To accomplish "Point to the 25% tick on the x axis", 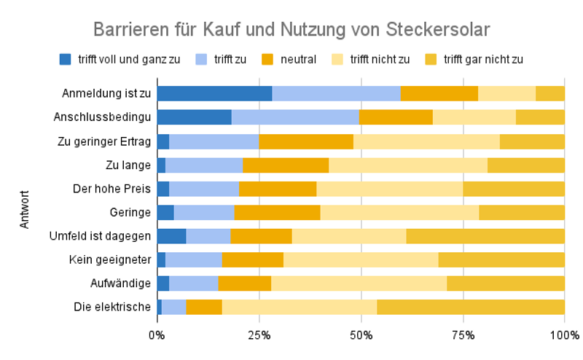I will coord(259,335).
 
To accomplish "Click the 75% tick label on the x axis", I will coord(463,335).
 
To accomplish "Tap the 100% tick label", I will coord(564,335).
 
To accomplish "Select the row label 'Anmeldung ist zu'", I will coord(106,93).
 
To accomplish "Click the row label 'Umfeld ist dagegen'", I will coord(100,236).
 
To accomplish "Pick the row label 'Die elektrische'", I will coord(112,307).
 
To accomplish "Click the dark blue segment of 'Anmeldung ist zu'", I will coord(214,93).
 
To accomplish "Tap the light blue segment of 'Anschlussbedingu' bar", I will coord(295,117).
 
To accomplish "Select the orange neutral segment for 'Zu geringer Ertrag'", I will coord(306,141).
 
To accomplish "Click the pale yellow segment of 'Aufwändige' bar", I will coord(359,283).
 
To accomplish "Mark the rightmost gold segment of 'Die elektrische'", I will coord(471,307).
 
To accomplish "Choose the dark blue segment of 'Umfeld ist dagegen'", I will coord(171,236).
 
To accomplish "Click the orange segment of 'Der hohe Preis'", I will coord(278,189).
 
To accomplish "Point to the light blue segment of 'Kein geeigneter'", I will coord(194,259).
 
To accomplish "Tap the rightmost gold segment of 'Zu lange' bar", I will coord(526,165).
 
